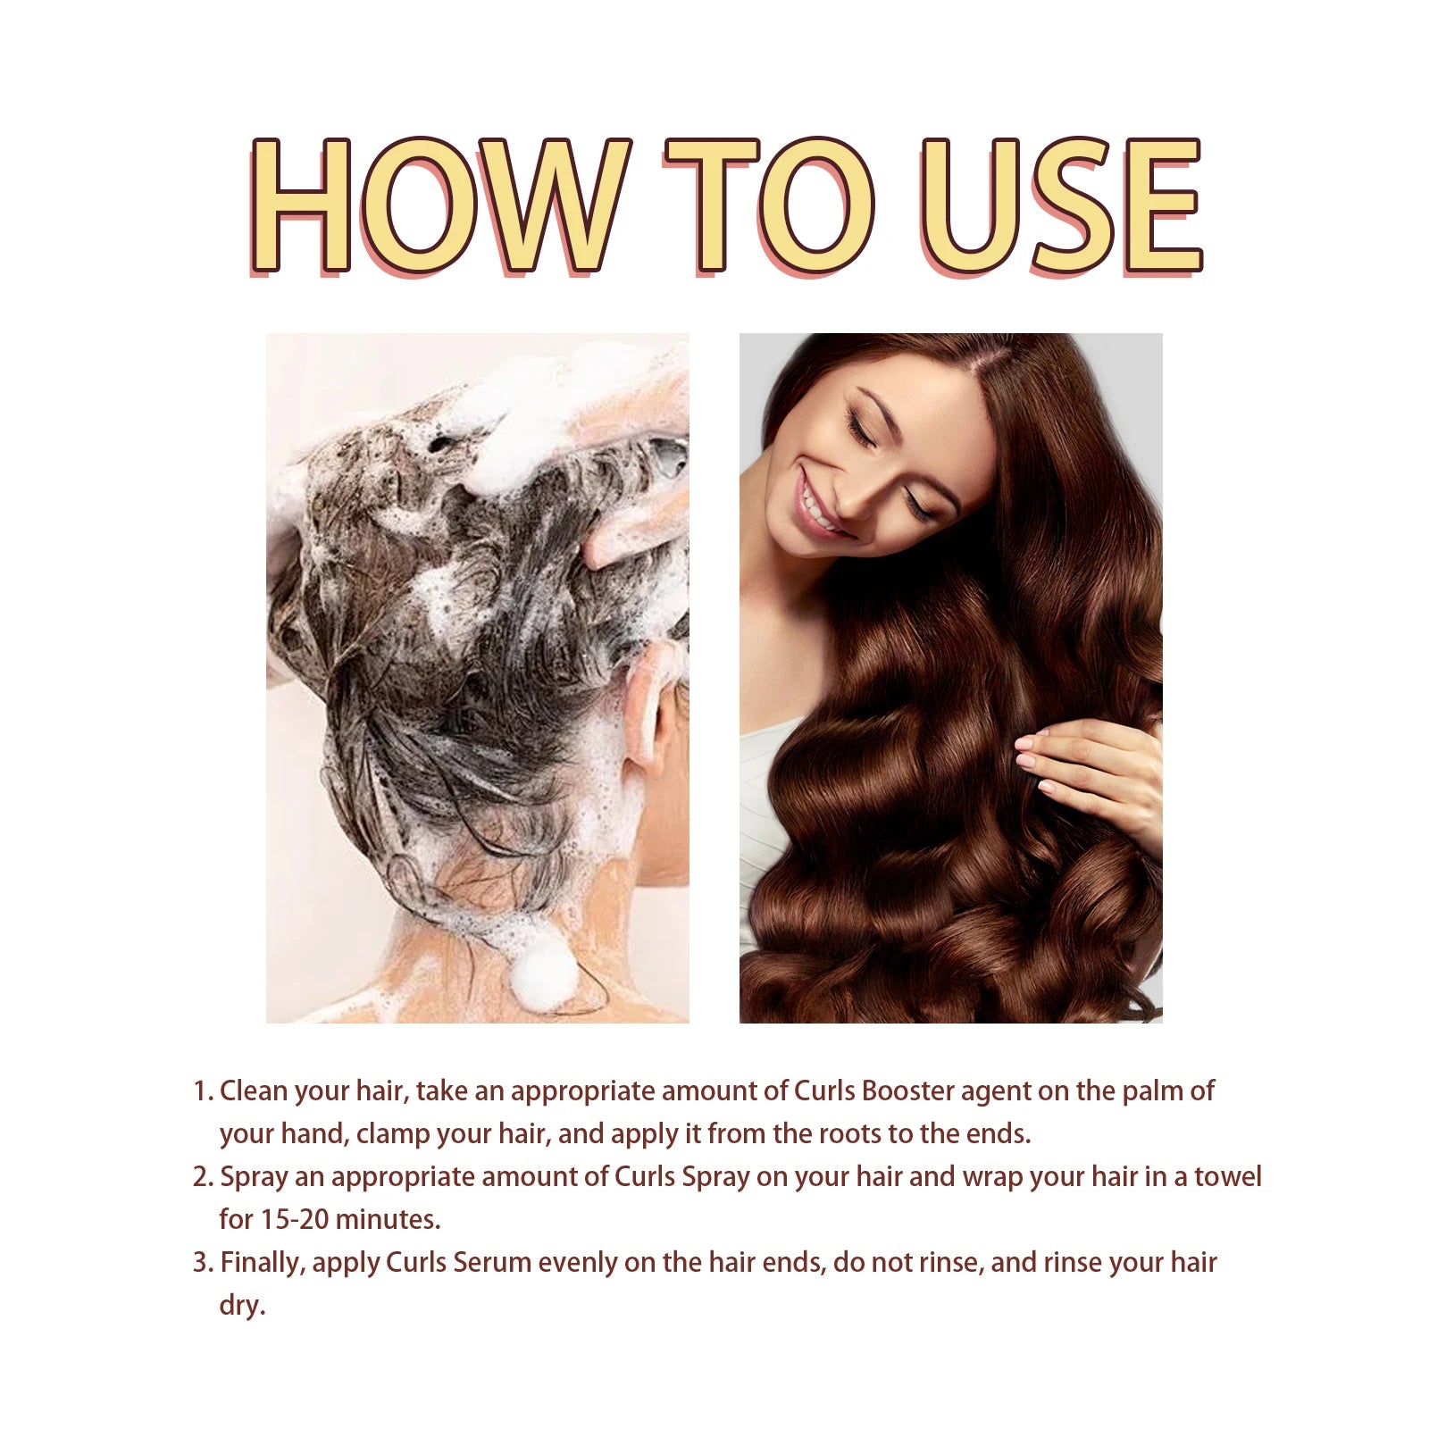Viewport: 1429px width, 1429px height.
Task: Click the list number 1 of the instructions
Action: coord(201,1091)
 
